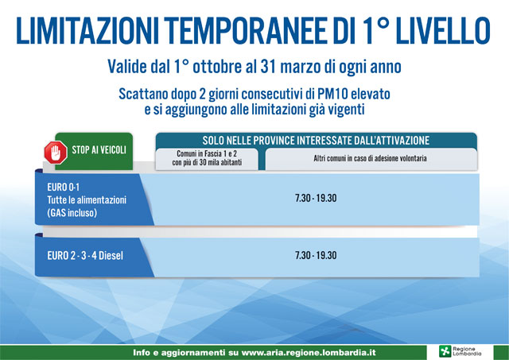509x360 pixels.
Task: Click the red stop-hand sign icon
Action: pos(56,153)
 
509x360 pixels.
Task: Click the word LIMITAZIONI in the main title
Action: pos(87,31)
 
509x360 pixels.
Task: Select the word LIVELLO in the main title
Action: pos(443,31)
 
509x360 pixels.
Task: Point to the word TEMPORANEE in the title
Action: pos(246,31)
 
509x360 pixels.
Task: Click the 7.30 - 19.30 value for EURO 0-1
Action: pos(316,198)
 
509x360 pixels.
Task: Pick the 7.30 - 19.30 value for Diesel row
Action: pos(316,255)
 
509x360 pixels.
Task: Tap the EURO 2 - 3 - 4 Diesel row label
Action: pos(85,256)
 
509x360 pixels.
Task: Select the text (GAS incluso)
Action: pos(72,213)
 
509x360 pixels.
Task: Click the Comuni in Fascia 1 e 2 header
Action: pos(207,158)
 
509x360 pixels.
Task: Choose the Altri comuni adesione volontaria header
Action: pos(370,158)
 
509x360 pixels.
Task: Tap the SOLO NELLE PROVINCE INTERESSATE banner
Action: pos(316,141)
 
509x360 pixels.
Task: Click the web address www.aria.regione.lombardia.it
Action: pos(309,353)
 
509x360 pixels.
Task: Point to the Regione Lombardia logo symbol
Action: pos(445,351)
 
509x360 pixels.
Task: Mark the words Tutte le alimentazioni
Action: pos(87,199)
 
